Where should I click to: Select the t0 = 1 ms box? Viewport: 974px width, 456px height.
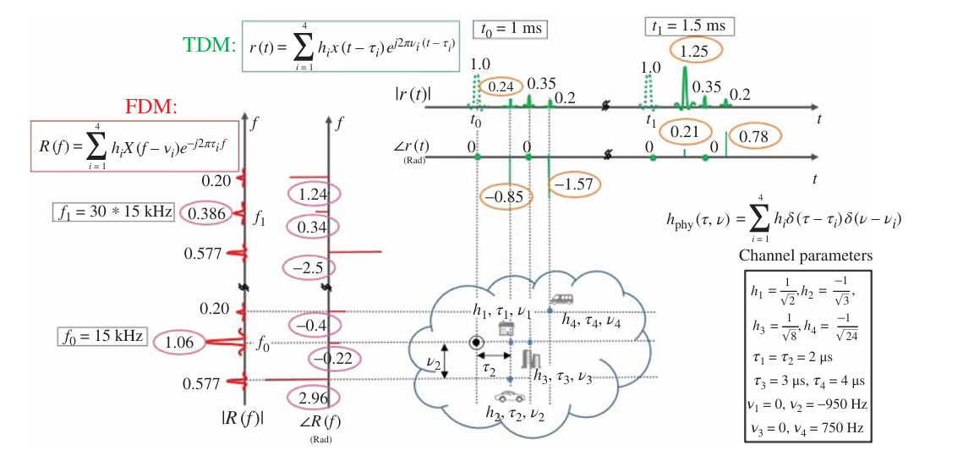pos(510,29)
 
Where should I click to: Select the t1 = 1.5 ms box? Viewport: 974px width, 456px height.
pos(689,26)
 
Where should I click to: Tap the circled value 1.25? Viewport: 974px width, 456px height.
pos(696,52)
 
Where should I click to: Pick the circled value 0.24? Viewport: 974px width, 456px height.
pos(500,85)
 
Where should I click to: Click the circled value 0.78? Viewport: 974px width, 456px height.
pos(755,136)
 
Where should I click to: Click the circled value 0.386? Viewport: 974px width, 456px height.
pos(205,213)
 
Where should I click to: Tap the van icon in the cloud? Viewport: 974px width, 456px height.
pos(561,299)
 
